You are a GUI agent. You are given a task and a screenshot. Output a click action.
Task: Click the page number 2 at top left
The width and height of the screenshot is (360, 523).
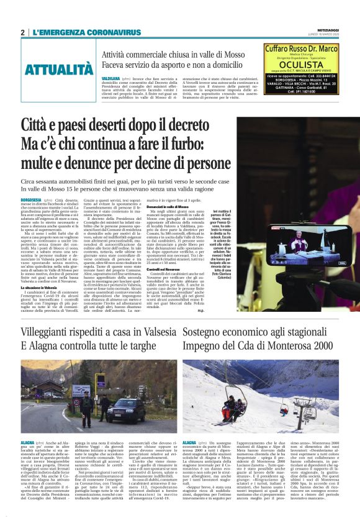pos(22,32)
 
